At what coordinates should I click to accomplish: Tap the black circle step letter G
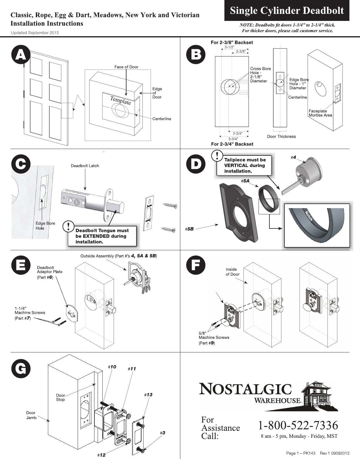click(20, 369)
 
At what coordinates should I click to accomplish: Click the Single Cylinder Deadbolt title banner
click(287, 11)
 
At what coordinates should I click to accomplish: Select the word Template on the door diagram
click(121, 100)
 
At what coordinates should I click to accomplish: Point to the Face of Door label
click(126, 67)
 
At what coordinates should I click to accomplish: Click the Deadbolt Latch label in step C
click(85, 166)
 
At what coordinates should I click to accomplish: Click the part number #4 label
click(293, 158)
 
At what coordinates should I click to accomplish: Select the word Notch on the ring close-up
click(308, 216)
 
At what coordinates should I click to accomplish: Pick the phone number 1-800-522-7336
click(298, 425)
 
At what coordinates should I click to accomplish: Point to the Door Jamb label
click(31, 415)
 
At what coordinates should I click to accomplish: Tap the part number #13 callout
click(148, 395)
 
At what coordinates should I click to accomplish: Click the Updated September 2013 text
click(35, 33)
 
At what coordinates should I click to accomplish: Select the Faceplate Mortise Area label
click(320, 113)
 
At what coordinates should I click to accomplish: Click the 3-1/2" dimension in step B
click(229, 47)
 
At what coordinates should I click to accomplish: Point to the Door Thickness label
click(281, 136)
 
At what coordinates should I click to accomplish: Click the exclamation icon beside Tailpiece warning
click(217, 155)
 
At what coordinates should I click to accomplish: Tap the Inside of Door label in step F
click(232, 272)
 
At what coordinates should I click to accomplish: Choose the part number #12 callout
click(101, 455)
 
